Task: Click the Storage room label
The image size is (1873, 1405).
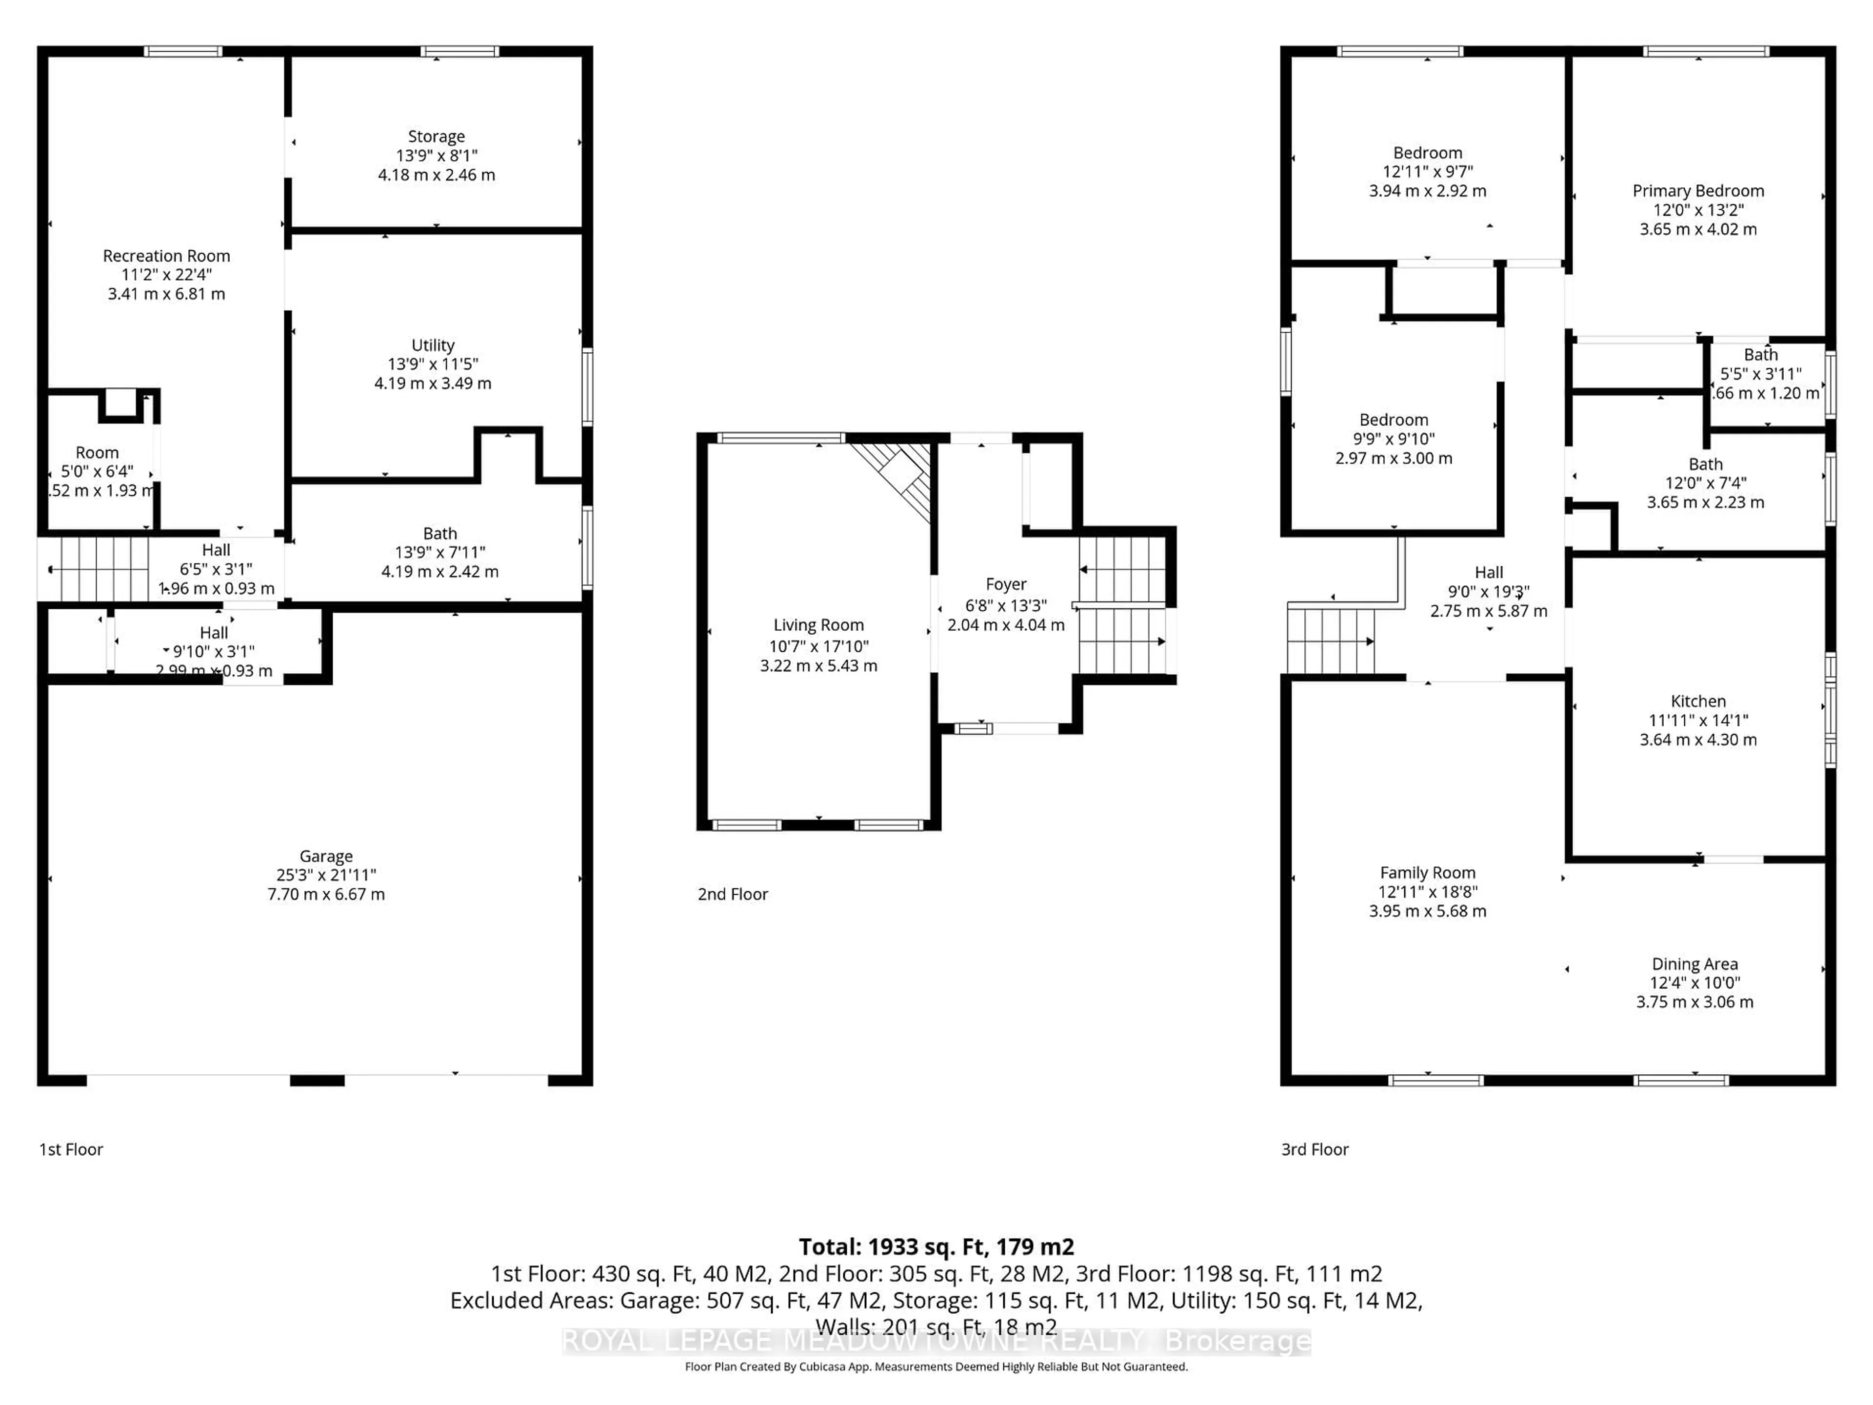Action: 436,136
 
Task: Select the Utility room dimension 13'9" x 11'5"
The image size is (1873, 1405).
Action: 433,364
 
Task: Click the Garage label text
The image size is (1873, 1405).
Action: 326,856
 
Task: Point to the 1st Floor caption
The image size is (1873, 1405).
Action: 71,1149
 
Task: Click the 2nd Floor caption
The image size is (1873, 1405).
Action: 733,894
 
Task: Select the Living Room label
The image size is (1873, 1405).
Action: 818,625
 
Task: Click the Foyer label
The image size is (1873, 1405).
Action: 1006,584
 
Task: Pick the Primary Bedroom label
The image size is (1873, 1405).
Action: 1698,191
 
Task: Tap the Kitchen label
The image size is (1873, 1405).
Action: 1698,701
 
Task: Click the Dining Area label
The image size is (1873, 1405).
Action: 1694,964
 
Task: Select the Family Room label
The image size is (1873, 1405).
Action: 1428,872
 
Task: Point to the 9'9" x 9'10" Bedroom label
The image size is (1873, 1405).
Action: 1394,420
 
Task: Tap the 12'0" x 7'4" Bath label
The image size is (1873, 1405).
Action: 1705,464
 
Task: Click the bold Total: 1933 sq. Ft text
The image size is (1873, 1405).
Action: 936,1246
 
